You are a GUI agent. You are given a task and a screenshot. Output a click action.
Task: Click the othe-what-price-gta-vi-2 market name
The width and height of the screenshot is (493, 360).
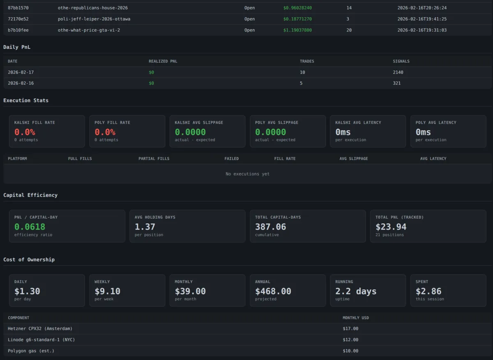[x=89, y=30]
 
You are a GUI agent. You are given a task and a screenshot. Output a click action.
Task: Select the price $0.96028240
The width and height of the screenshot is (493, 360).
[x=297, y=8]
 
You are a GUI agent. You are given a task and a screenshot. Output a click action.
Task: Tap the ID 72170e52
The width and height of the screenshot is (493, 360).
[x=18, y=19]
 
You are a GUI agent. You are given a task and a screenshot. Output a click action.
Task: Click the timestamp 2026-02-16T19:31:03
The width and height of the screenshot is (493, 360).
[x=422, y=30]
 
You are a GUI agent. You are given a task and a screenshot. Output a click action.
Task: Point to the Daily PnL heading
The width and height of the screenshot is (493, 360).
[x=17, y=47]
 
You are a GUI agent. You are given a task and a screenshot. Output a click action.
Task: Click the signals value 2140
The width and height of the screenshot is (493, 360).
[x=398, y=72]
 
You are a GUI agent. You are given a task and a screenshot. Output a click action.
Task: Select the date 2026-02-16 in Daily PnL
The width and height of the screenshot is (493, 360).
[x=21, y=83]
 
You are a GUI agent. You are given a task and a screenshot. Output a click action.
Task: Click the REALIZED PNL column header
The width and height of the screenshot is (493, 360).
[x=163, y=61]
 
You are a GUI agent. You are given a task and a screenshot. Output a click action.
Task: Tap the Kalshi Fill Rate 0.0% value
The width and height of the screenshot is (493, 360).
[x=25, y=132]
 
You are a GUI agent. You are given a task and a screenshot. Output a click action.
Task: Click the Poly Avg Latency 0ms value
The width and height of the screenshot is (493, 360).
[x=423, y=132]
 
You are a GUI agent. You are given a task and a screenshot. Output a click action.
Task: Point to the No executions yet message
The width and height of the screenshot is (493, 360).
[x=247, y=174]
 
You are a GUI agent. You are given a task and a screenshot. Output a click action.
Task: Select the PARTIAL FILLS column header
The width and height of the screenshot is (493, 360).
[x=154, y=159]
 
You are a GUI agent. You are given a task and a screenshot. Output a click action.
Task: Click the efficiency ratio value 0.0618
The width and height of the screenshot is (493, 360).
[x=30, y=227]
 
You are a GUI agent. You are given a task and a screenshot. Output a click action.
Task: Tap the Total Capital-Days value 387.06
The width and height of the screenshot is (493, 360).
[x=270, y=227]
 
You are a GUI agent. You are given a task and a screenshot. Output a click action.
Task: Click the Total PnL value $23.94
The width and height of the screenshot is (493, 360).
[x=391, y=227]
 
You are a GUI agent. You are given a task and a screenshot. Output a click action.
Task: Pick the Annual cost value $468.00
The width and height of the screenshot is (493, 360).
[x=273, y=291]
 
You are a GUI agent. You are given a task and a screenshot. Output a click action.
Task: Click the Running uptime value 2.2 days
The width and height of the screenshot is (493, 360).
[x=355, y=291]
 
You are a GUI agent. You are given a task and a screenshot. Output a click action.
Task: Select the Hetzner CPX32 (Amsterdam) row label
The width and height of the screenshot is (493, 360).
[x=40, y=329]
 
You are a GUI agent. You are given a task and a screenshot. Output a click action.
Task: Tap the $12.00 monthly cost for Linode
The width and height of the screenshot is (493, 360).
[x=350, y=340]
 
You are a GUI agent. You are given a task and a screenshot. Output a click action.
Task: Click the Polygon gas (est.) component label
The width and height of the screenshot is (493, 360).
[x=31, y=351]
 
